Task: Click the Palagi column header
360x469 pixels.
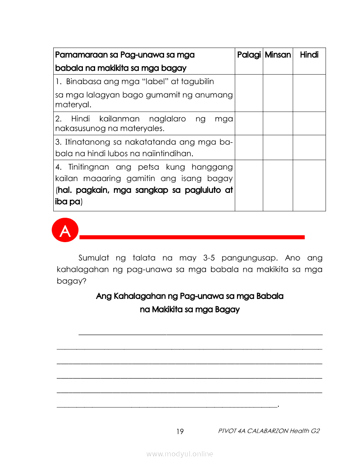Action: point(249,55)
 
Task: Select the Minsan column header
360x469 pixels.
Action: point(278,55)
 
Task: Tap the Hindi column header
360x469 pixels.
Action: point(309,55)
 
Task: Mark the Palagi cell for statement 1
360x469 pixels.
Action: point(249,93)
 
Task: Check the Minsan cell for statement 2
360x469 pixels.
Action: point(278,123)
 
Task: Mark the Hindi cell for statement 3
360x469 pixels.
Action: point(309,147)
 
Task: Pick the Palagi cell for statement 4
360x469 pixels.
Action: point(249,185)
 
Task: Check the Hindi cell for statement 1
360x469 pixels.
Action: point(309,93)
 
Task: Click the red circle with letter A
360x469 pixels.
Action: point(65,231)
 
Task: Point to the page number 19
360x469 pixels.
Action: point(180,432)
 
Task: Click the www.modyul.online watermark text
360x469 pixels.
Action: point(180,454)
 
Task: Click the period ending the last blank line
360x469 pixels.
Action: point(278,406)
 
